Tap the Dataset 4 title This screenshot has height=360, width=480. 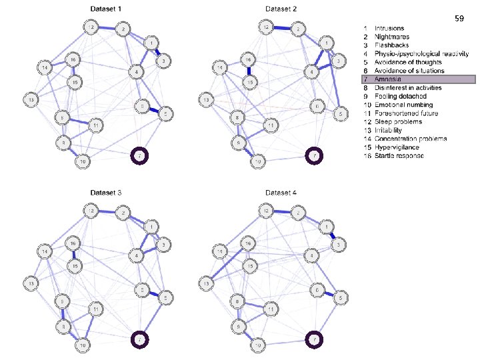point(284,193)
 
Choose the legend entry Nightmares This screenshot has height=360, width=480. point(392,37)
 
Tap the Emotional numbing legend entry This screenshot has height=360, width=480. point(403,105)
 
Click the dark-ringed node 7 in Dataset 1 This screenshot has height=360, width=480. point(139,156)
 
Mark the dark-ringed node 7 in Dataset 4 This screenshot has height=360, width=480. point(314,341)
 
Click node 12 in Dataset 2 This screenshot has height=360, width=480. point(266,27)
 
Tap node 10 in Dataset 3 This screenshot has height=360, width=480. point(82,345)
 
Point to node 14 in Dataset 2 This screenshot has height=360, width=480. point(221,67)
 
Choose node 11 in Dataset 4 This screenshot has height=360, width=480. point(271,309)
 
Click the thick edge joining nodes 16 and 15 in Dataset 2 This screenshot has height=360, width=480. point(248,70)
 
